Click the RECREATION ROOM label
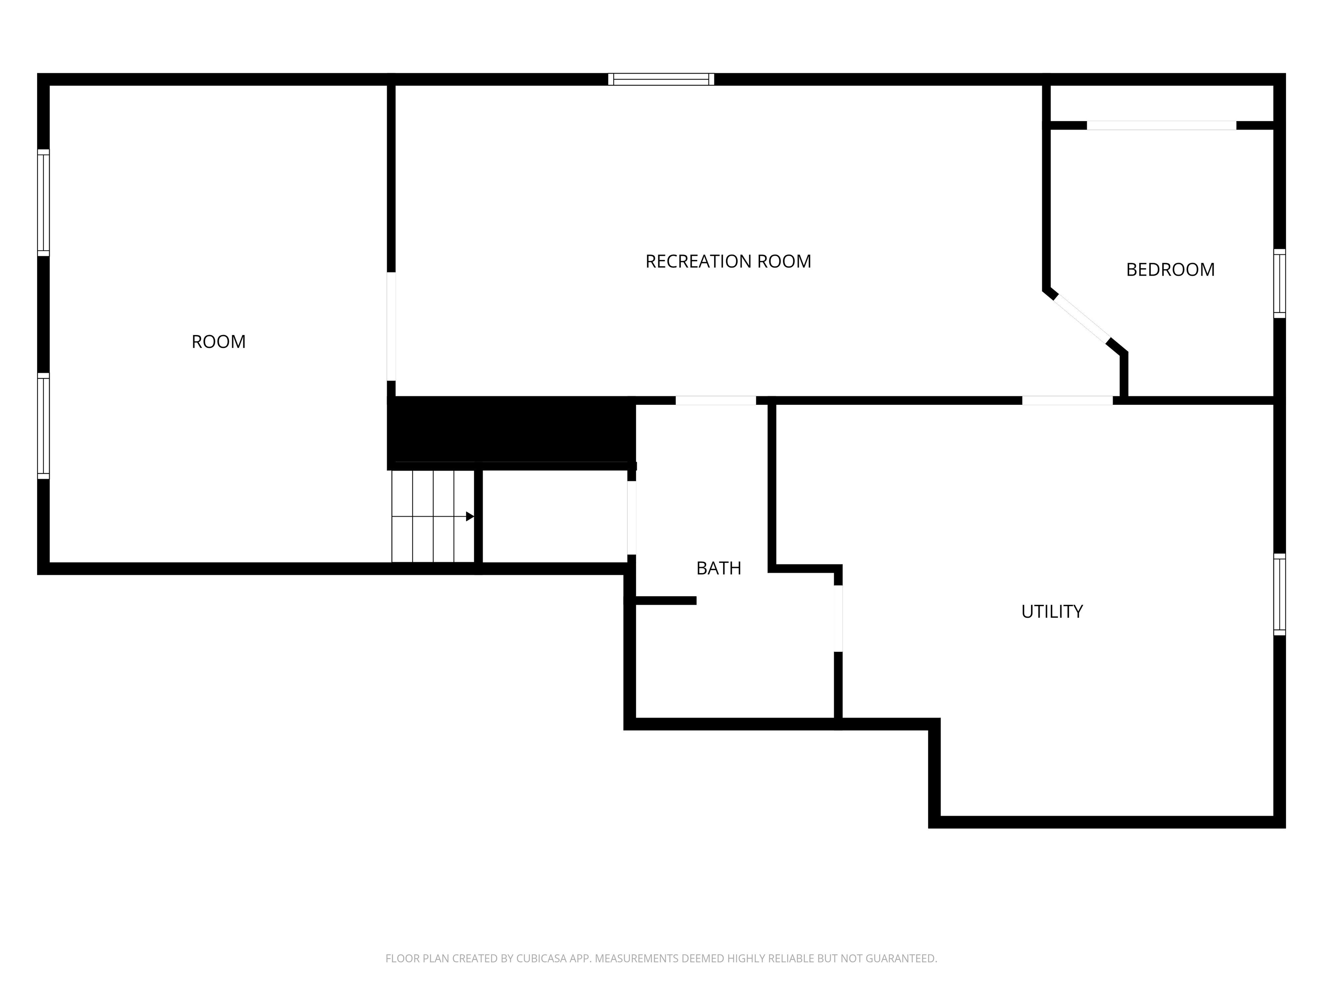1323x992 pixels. coord(728,261)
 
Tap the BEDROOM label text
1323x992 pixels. coord(1170,270)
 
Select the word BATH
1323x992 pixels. coord(718,568)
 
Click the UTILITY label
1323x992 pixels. coord(1051,611)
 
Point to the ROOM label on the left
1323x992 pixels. coord(218,341)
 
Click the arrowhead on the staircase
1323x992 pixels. coord(470,516)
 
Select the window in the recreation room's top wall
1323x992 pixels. coord(661,79)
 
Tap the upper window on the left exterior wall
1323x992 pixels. coord(43,202)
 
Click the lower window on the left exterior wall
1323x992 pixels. coord(43,426)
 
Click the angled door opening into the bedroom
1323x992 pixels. coord(1081,319)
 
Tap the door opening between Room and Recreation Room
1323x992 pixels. coord(391,326)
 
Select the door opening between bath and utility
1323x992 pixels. coord(838,618)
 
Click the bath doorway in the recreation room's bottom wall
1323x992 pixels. coord(715,400)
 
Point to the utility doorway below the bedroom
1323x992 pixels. coord(1067,400)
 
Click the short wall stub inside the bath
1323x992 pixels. coord(665,600)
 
